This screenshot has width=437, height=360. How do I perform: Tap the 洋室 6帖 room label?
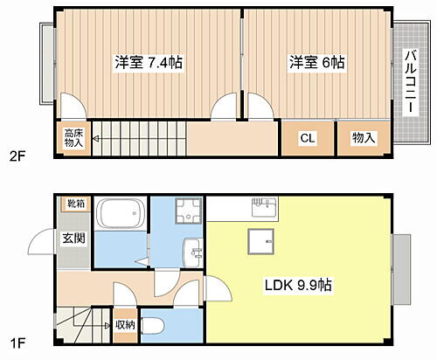pyautogui.click(x=317, y=63)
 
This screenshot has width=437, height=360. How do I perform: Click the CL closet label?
pyautogui.click(x=308, y=138)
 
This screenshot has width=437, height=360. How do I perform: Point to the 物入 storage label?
pyautogui.click(x=364, y=138)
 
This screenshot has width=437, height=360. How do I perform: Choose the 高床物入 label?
pyautogui.click(x=74, y=139)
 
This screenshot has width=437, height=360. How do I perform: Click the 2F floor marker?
pyautogui.click(x=17, y=157)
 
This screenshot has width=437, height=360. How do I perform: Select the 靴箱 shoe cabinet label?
pyautogui.click(x=76, y=204)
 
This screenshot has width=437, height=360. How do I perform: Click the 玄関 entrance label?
pyautogui.click(x=73, y=238)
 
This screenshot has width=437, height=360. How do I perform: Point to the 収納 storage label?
pyautogui.click(x=125, y=325)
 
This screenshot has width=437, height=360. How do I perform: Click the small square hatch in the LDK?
pyautogui.click(x=259, y=240)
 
